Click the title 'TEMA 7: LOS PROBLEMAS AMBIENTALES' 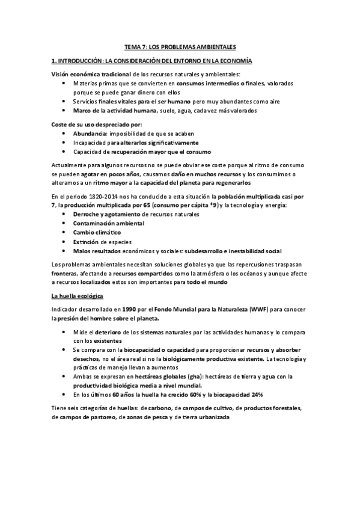(180, 47)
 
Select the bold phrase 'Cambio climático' (97, 232)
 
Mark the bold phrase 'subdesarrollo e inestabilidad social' (233, 251)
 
